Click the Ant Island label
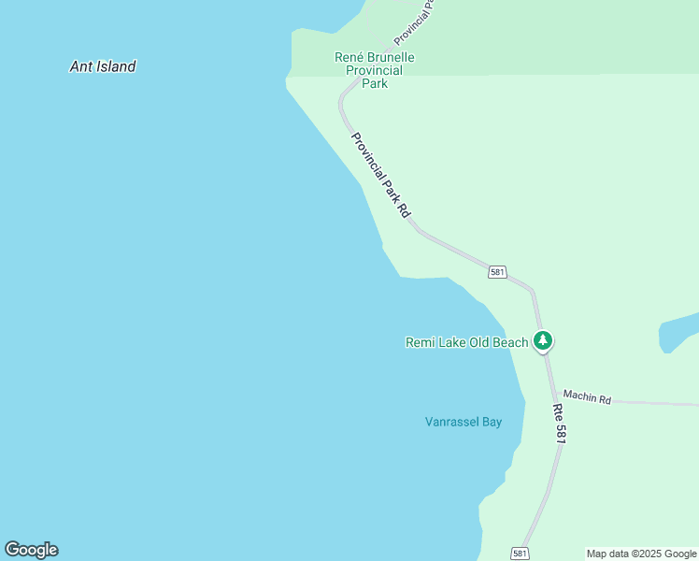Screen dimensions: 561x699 [x=103, y=66]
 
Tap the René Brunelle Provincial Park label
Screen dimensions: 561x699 [x=374, y=70]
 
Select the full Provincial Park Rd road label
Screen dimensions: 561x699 [x=380, y=175]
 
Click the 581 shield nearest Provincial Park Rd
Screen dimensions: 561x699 [x=497, y=272]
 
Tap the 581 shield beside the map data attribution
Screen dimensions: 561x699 [x=521, y=554]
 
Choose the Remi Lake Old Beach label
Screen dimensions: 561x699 [x=466, y=342]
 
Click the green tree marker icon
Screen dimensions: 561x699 [x=542, y=340]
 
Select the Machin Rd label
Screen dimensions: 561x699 [x=587, y=398]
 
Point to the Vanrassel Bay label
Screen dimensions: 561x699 [x=464, y=422]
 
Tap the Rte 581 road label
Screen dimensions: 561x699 [x=560, y=424]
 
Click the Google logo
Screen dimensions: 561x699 [x=31, y=550]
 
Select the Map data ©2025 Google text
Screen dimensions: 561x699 [x=641, y=554]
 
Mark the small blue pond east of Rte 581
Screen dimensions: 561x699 [x=678, y=333]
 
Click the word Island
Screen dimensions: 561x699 [x=116, y=66]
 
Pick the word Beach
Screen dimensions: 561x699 [x=511, y=342]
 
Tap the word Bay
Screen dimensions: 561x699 [x=492, y=422]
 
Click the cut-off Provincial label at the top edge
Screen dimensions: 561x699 [x=415, y=21]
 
